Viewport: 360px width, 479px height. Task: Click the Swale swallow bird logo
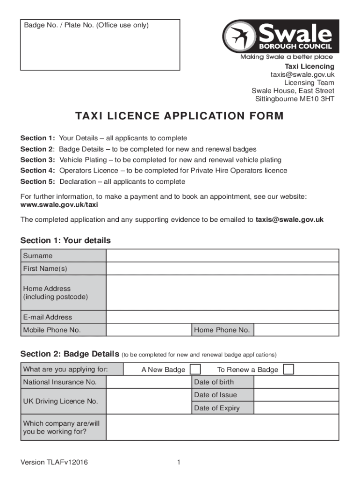point(238,36)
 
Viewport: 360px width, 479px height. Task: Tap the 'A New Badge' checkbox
point(195,370)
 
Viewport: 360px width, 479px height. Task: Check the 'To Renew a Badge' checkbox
point(289,370)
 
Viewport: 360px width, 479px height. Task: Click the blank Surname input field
point(222,256)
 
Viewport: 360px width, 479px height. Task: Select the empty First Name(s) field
point(222,269)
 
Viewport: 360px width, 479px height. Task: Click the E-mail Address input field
point(222,317)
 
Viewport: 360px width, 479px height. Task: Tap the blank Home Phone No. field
point(296,330)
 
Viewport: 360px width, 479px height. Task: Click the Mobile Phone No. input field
point(149,330)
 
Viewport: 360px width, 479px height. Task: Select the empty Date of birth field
point(296,382)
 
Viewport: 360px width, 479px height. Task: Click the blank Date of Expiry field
point(296,408)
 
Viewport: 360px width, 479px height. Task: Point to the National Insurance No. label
point(60,382)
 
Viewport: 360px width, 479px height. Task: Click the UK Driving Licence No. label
point(60,401)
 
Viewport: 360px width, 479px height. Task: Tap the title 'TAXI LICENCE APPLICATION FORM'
point(180,116)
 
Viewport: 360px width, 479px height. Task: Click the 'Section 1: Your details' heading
point(65,241)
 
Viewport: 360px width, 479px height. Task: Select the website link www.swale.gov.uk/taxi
point(59,205)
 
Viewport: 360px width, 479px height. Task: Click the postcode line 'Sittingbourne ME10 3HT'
point(295,99)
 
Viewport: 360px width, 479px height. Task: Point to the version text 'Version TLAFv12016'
point(54,463)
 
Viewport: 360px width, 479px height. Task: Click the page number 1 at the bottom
point(179,463)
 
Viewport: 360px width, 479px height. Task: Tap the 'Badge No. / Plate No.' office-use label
point(86,25)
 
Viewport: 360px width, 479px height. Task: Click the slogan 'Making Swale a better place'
point(287,57)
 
